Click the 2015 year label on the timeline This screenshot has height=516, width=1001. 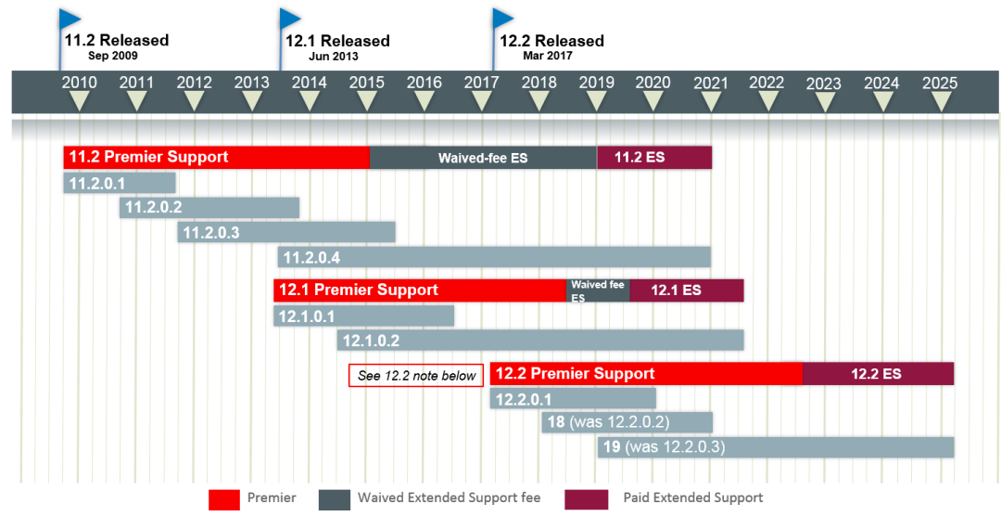pos(367,82)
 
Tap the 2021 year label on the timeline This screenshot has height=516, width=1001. pos(710,82)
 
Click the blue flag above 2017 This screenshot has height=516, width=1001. pos(503,19)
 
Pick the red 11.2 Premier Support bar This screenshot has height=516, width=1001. pos(216,158)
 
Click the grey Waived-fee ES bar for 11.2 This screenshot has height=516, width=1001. pos(483,158)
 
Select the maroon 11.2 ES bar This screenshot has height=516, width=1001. pos(654,158)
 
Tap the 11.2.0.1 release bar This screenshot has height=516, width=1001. pos(120,183)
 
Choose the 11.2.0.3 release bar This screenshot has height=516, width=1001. pos(286,232)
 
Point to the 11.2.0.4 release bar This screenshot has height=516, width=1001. pos(494,257)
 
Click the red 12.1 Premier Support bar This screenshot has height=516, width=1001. pos(420,290)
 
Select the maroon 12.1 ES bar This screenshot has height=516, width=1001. pos(687,290)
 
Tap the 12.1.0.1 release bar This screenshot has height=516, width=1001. pos(363,316)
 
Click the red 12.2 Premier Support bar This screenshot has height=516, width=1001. pos(645,374)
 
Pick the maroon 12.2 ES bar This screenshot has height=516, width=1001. pos(878,374)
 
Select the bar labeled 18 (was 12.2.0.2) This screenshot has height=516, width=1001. pos(627,422)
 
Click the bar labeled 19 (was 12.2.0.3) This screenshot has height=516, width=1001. pos(776,447)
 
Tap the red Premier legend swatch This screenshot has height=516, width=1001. pos(223,499)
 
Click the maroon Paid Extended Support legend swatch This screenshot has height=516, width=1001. pos(587,499)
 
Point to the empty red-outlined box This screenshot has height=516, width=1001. pos(416,375)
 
